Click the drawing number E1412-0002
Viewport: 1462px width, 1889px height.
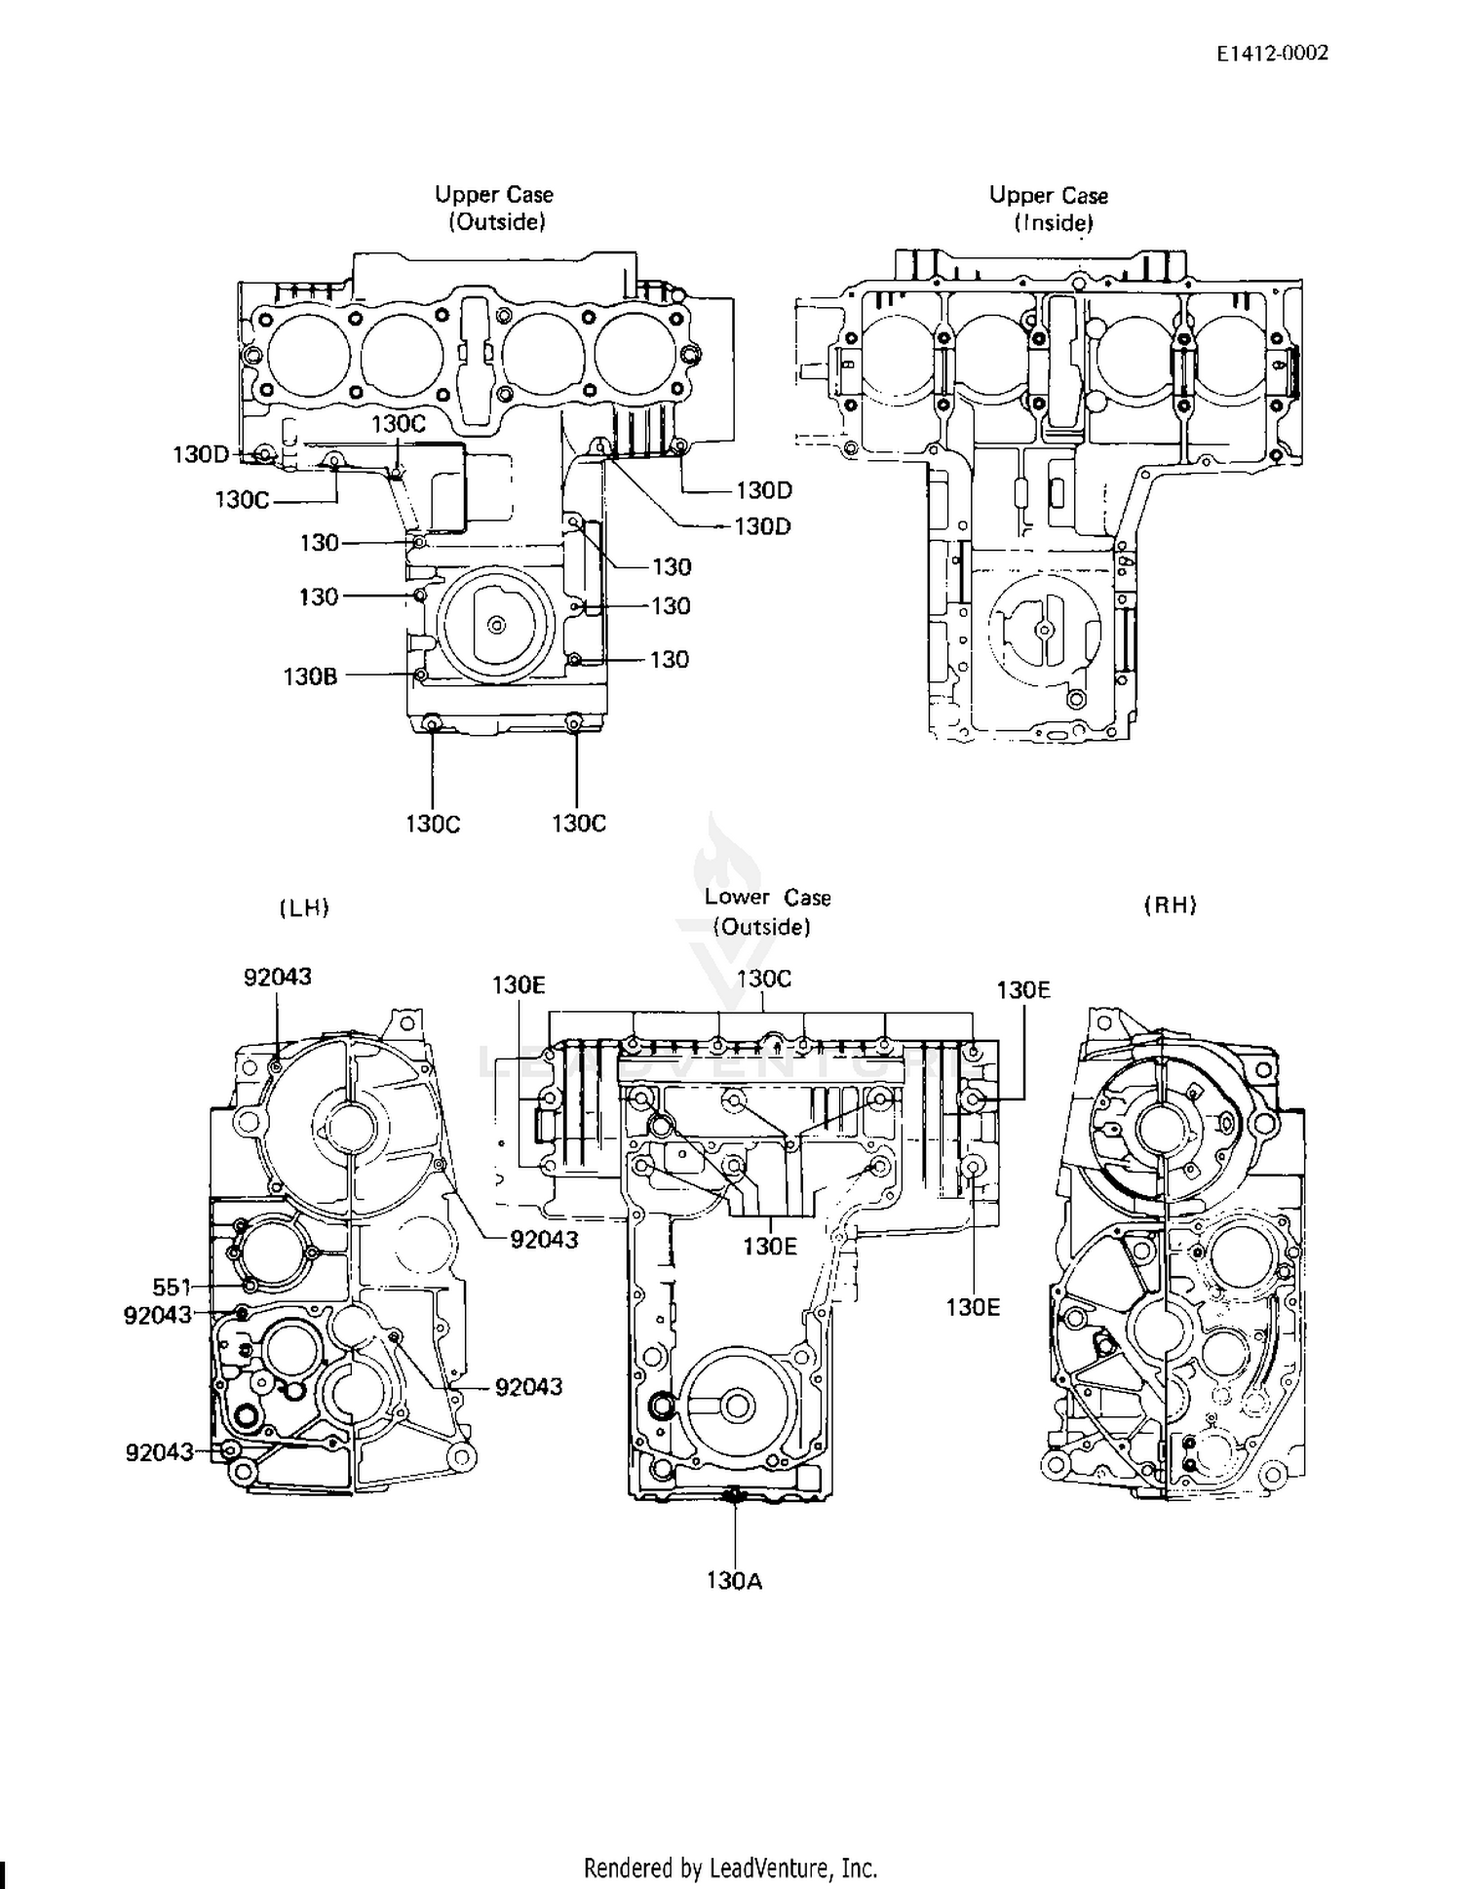point(1272,54)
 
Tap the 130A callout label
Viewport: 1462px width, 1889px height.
point(735,1580)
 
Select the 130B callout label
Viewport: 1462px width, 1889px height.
point(310,675)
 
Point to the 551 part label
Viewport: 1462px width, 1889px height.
point(172,1287)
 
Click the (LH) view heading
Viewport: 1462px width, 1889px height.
point(304,907)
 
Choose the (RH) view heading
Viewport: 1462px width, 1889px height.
point(1170,905)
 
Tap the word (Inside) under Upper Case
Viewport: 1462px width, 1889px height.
point(1054,222)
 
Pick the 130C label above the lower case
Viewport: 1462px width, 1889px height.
point(764,978)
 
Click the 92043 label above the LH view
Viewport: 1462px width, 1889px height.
point(278,976)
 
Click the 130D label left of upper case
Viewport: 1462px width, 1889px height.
point(201,454)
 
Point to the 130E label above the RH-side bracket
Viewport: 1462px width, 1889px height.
point(1023,989)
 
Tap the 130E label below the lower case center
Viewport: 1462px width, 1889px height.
point(770,1246)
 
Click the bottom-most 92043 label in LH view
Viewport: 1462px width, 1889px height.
point(160,1452)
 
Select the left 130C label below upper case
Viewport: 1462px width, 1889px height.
point(433,824)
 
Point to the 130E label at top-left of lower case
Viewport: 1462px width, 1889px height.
point(519,984)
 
